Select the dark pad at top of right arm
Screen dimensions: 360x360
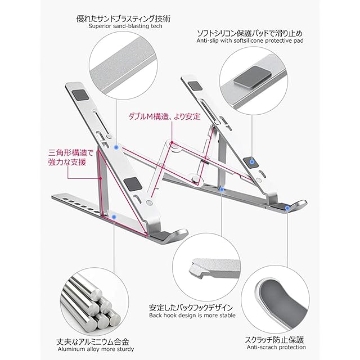pyautogui.click(x=195, y=85)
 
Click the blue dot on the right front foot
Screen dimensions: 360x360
pyautogui.click(x=289, y=208)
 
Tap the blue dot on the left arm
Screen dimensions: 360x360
pyautogui.click(x=116, y=146)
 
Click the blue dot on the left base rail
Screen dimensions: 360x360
pyautogui.click(x=115, y=214)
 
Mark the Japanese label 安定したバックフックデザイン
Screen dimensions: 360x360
pyautogui.click(x=191, y=308)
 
